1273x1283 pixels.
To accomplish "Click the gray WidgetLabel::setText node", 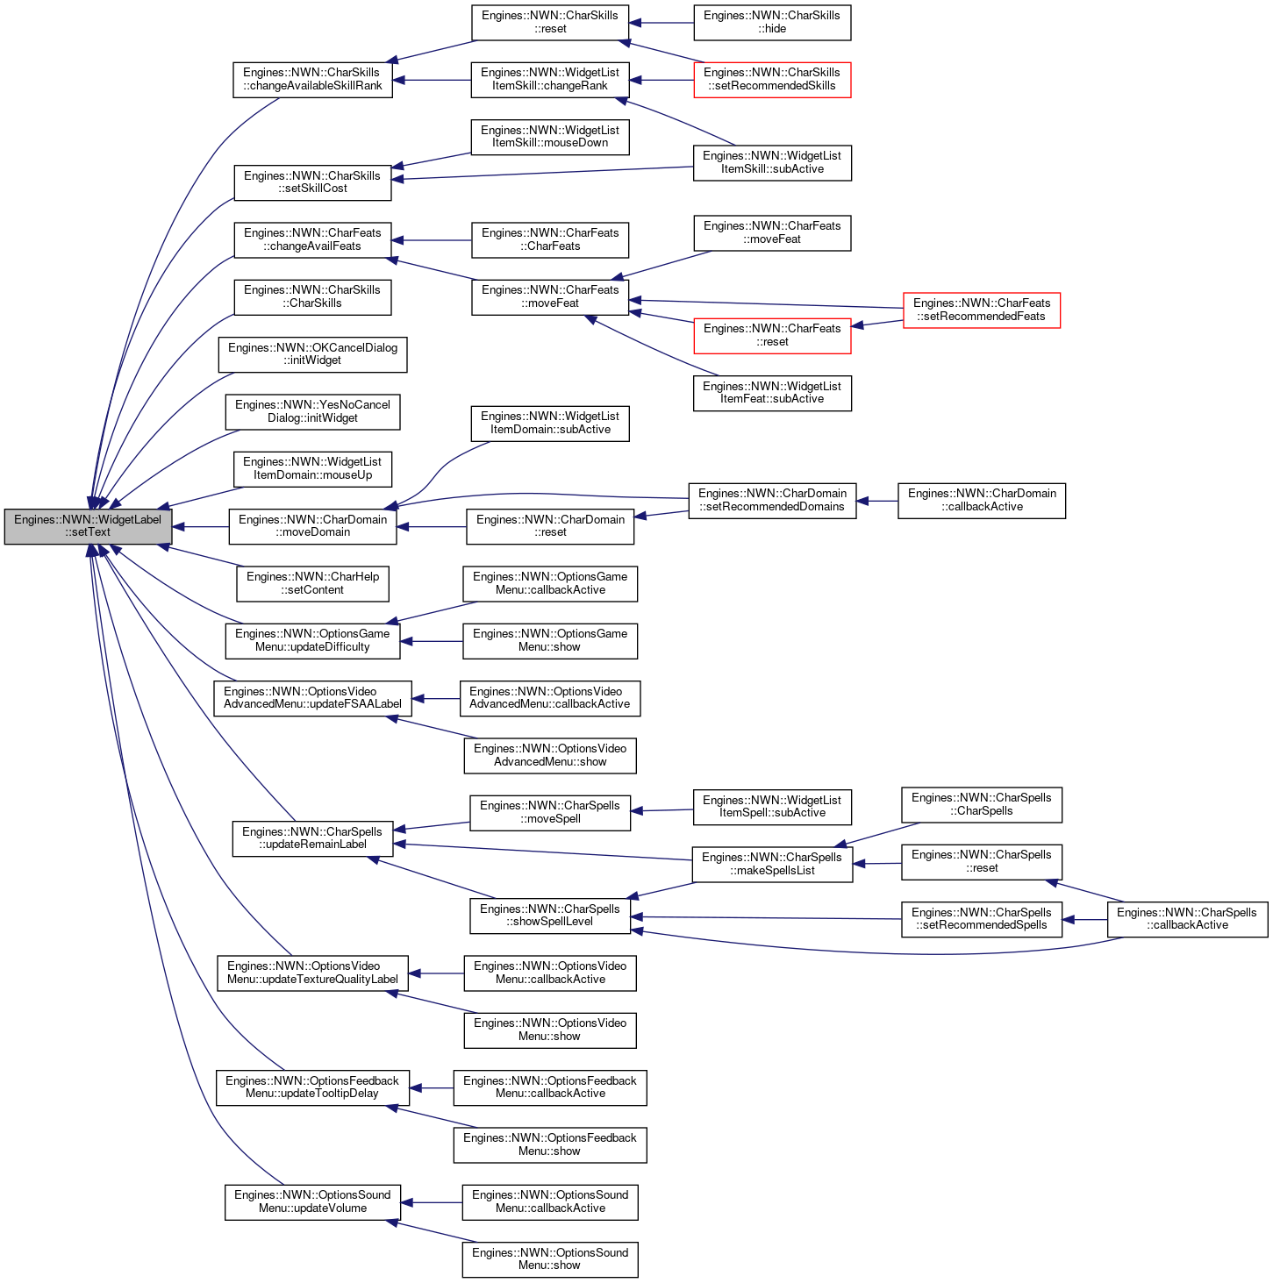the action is click(x=88, y=526).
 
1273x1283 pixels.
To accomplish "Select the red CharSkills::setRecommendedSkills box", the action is click(x=772, y=80).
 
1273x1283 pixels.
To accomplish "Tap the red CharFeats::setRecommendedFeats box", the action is click(x=981, y=310).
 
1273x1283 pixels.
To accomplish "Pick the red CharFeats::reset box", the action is click(x=772, y=336).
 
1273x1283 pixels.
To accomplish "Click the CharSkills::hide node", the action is click(x=772, y=23).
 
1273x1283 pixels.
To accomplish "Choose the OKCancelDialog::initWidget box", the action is click(x=312, y=354).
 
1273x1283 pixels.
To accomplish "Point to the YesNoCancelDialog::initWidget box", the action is click(x=312, y=411).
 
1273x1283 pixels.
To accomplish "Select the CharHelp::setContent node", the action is click(x=312, y=584).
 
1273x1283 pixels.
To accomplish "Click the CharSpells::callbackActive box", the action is click(x=1187, y=919).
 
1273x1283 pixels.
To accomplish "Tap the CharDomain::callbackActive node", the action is click(x=981, y=501).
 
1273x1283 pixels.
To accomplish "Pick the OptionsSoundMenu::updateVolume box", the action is click(x=312, y=1202).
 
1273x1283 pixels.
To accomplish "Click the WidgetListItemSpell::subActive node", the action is click(x=772, y=807).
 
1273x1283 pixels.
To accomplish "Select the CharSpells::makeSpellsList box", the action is click(x=772, y=864).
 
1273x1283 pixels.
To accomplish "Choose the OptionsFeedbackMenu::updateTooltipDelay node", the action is click(x=312, y=1088).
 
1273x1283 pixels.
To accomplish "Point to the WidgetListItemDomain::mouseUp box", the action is click(x=312, y=468).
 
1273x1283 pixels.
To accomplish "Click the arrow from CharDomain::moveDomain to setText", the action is click(x=201, y=527).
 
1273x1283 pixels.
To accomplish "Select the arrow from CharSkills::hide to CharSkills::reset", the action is click(x=662, y=23).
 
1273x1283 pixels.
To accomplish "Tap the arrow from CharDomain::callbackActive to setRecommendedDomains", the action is click(x=877, y=501).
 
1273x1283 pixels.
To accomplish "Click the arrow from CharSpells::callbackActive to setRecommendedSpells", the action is click(x=1084, y=919).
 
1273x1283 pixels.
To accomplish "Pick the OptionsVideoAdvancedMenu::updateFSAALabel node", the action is click(x=312, y=698).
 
